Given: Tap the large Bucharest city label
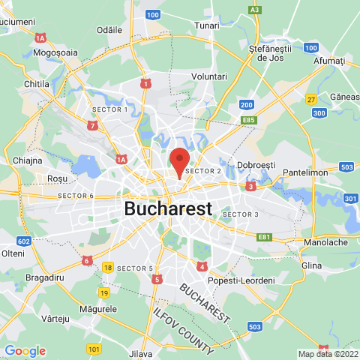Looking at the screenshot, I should tap(168, 208).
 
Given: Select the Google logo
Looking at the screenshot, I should tap(25, 351).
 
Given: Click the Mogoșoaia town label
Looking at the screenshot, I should tap(57, 53).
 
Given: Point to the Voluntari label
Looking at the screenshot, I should tap(209, 76).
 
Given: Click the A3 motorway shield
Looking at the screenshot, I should tap(255, 10).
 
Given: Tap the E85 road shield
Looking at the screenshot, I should tap(250, 119).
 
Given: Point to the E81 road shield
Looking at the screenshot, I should tap(264, 237).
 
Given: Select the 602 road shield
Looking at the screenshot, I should tap(24, 241).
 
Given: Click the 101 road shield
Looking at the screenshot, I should tap(94, 349).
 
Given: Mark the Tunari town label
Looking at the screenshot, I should tap(206, 25).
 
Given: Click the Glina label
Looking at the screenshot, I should tap(310, 265).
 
